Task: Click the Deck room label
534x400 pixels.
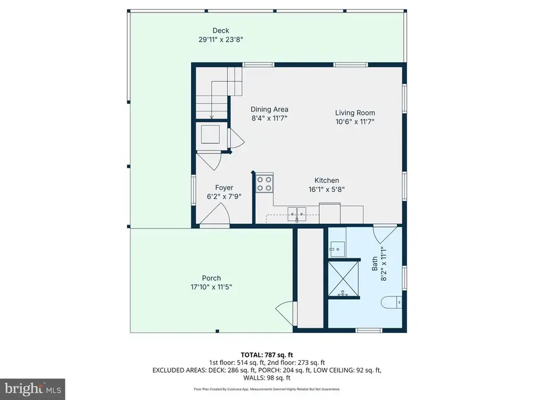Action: pyautogui.click(x=221, y=31)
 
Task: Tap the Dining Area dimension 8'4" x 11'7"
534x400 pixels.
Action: pyautogui.click(x=269, y=119)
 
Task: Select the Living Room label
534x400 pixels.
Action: pyautogui.click(x=355, y=113)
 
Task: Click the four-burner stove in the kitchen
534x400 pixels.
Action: pyautogui.click(x=265, y=183)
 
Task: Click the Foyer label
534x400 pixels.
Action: pyautogui.click(x=224, y=188)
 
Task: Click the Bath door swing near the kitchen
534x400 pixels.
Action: pyautogui.click(x=384, y=232)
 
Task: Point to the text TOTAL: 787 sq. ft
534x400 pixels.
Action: pyautogui.click(x=266, y=354)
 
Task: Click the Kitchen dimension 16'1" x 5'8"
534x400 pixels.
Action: pyautogui.click(x=326, y=190)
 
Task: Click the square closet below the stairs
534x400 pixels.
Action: pyautogui.click(x=211, y=135)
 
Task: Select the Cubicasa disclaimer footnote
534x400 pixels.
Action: pyautogui.click(x=266, y=389)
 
